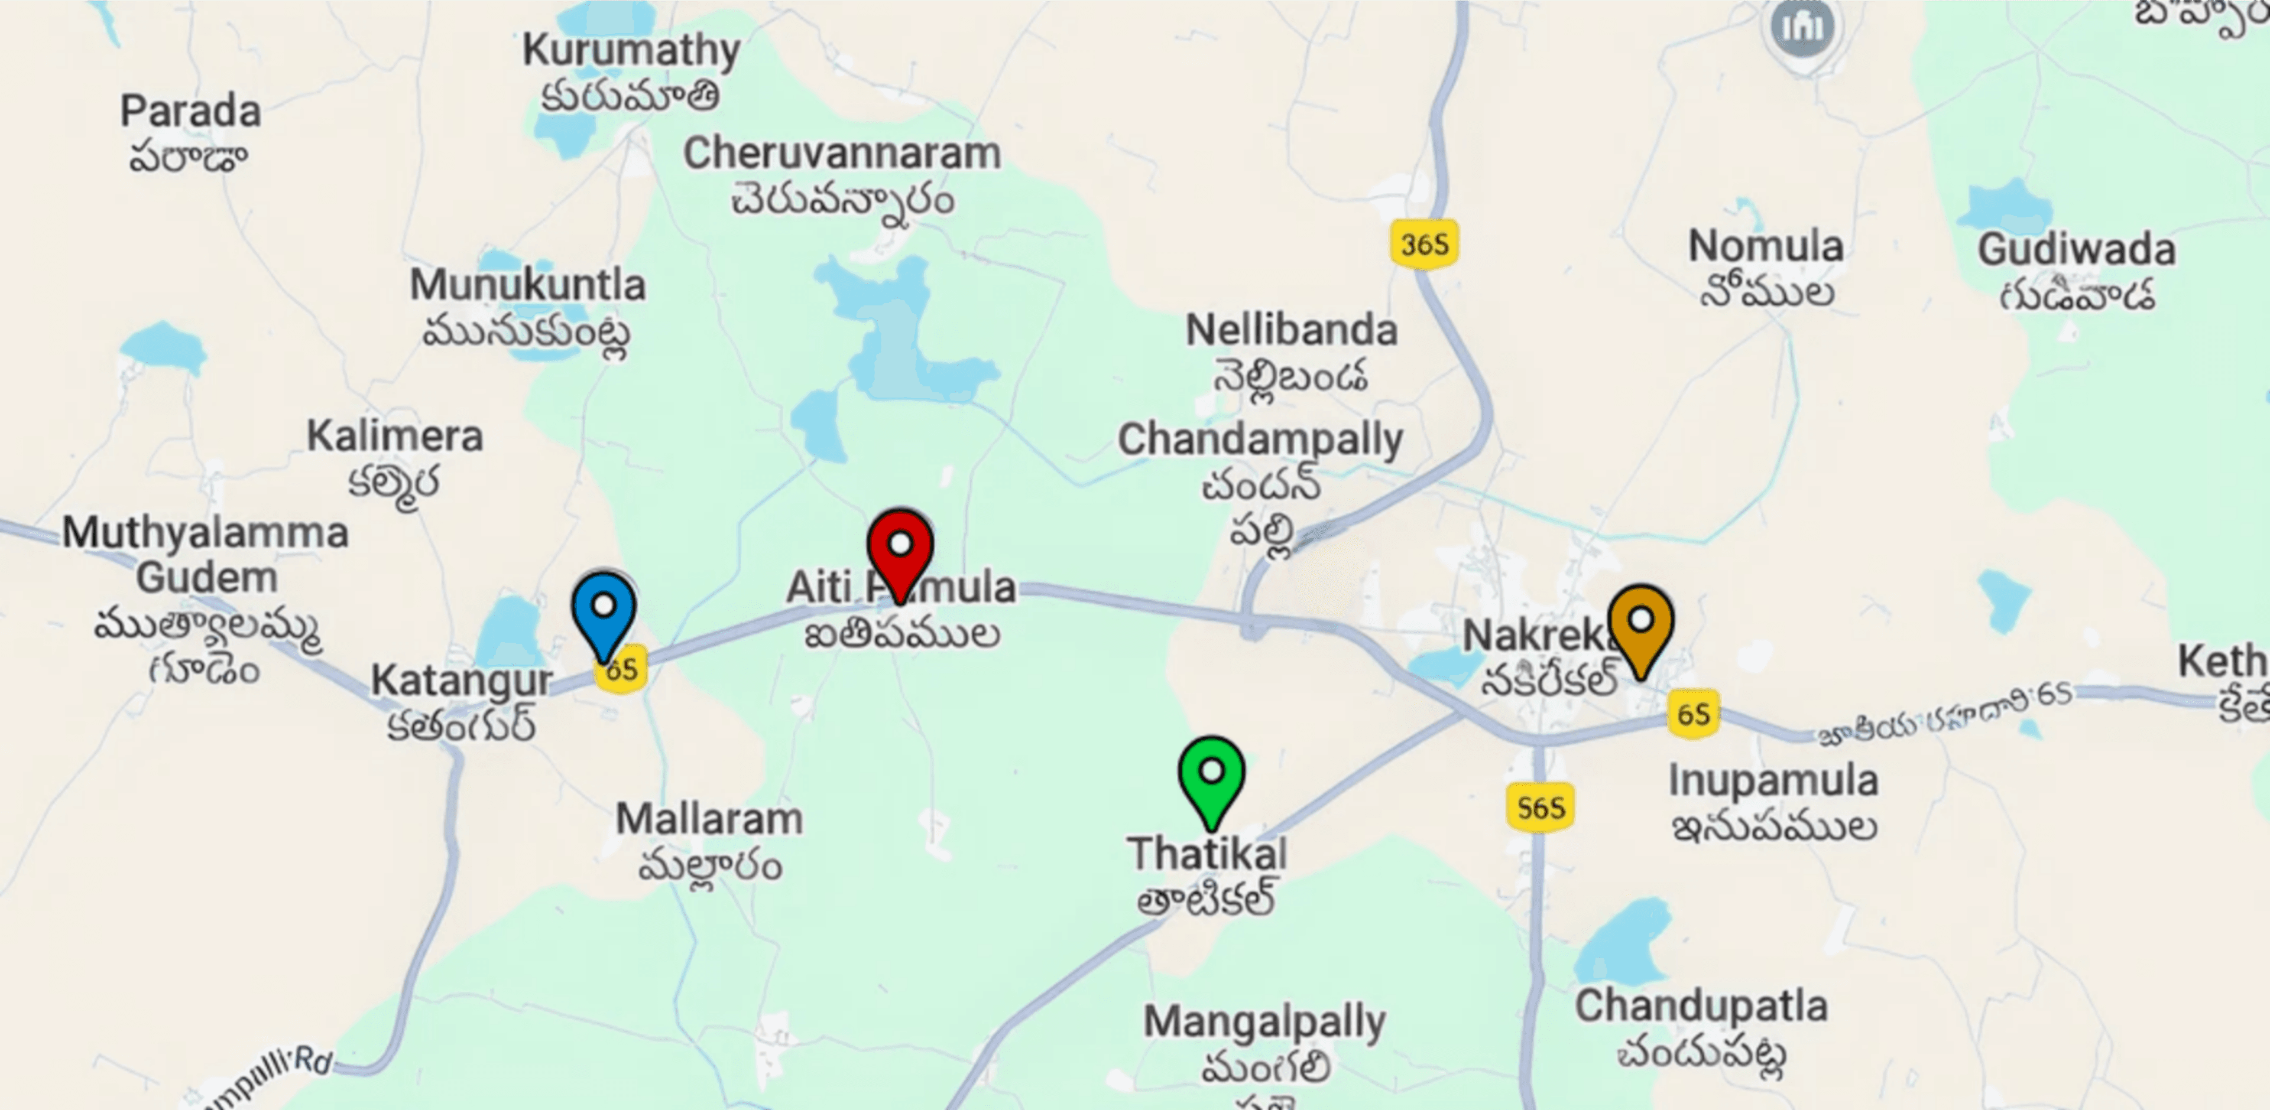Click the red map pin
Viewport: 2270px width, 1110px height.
point(900,549)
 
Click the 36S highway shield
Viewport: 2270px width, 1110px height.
point(1424,244)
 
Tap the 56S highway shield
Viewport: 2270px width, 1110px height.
point(1539,807)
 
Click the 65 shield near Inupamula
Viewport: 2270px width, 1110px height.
point(1693,714)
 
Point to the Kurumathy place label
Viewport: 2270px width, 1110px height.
point(631,51)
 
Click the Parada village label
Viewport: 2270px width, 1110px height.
point(190,112)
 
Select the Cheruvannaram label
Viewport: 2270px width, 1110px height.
point(842,154)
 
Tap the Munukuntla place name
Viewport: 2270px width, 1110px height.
point(527,285)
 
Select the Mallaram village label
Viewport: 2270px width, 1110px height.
point(709,820)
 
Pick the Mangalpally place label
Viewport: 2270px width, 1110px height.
point(1264,1023)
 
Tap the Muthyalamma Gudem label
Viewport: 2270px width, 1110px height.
point(205,555)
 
